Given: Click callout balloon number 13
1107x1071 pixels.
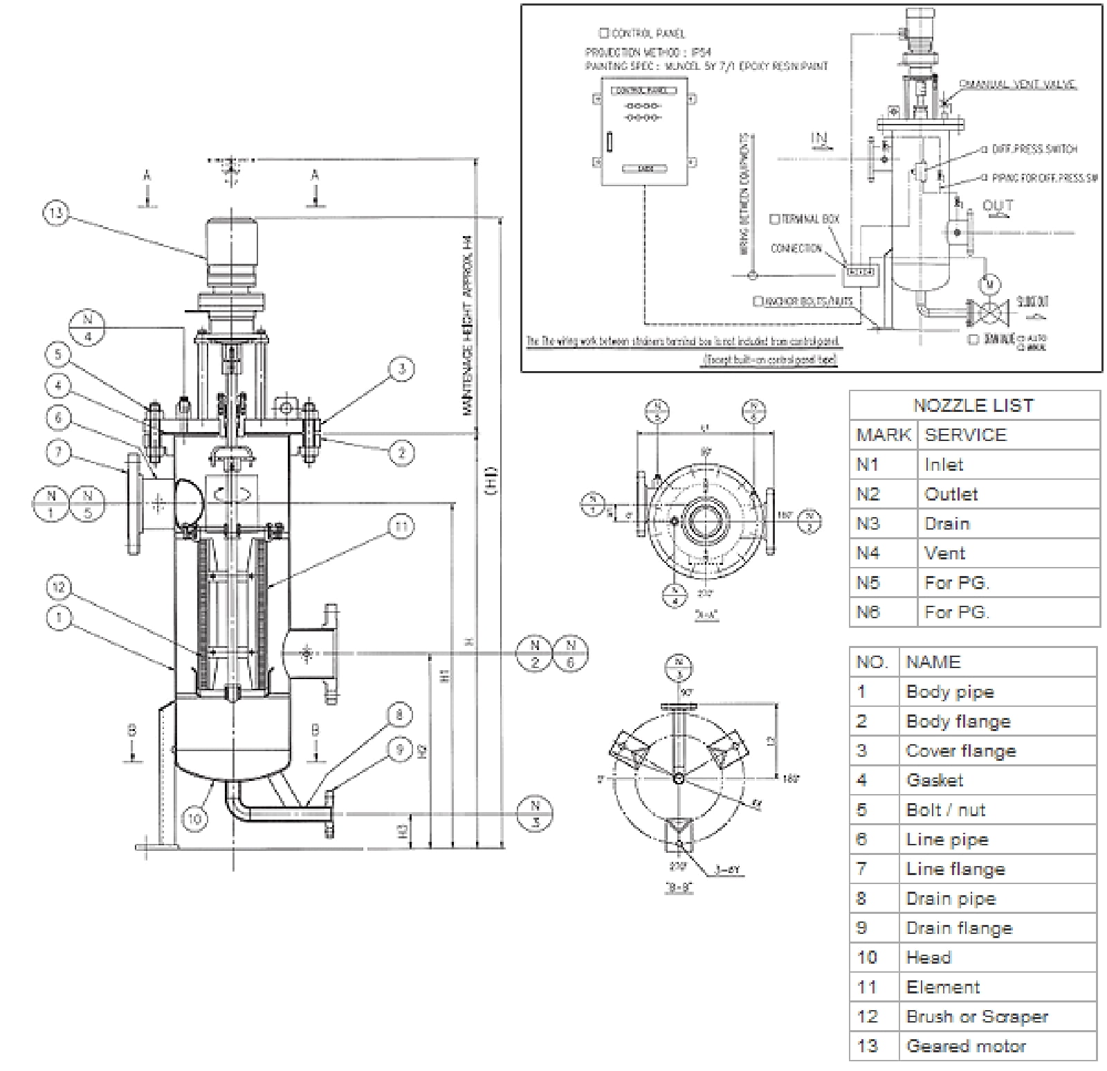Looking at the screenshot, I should [57, 213].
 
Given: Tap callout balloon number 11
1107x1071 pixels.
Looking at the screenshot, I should [402, 526].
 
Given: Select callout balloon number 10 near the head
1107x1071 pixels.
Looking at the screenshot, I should [195, 819].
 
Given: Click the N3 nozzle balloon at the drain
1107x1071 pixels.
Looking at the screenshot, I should [535, 814].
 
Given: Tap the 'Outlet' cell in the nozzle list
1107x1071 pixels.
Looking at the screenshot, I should [951, 494].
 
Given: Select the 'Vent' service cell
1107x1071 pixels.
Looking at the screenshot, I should [944, 553].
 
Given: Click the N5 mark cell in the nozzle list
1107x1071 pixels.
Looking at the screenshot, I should [868, 583].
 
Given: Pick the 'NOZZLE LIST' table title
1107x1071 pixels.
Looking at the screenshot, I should [973, 406].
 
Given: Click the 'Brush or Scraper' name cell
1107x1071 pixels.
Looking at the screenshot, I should [976, 1016].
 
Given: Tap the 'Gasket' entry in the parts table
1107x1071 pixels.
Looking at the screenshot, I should [934, 780].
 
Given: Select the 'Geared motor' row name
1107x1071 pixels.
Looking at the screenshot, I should [966, 1046].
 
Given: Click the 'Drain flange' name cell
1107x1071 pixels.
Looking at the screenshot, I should [958, 928].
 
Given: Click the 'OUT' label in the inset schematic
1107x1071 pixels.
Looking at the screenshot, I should [997, 206].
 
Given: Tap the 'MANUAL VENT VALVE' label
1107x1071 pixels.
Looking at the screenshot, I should [1016, 84].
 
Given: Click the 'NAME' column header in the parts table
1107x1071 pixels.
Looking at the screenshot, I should [933, 662].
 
